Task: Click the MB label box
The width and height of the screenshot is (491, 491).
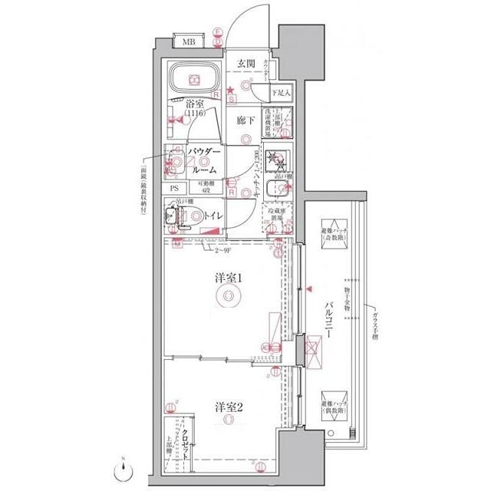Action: [x=188, y=41]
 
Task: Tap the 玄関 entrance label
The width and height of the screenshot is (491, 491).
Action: [x=245, y=63]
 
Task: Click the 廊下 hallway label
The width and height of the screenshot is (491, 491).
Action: [x=245, y=120]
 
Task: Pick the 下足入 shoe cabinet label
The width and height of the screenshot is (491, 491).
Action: [x=280, y=94]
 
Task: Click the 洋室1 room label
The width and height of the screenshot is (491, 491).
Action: [x=228, y=279]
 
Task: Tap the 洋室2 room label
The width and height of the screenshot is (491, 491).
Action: [x=228, y=407]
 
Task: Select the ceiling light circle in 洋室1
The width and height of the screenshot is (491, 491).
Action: [x=227, y=299]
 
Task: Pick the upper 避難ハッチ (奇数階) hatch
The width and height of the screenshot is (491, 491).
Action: [x=334, y=232]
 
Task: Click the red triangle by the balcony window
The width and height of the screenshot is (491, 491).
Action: [x=309, y=289]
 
